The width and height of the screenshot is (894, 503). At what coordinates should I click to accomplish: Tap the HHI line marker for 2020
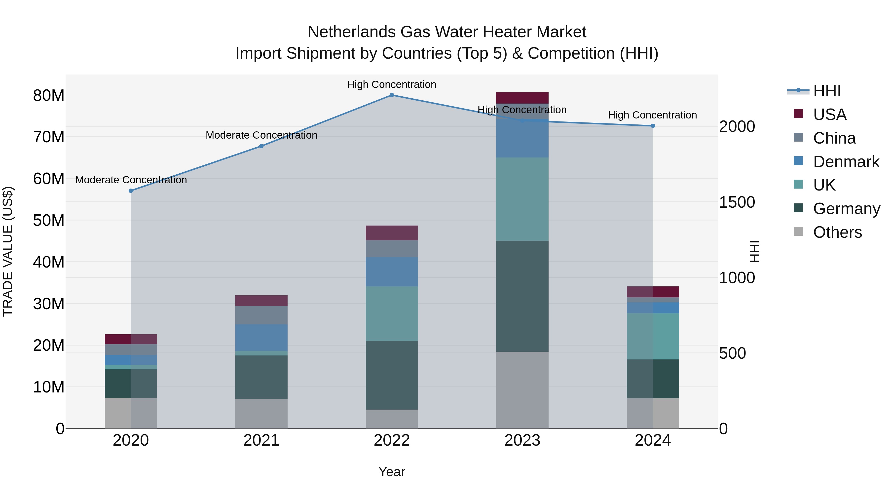pos(131,191)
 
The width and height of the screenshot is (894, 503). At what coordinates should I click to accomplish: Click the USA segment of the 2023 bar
pos(522,98)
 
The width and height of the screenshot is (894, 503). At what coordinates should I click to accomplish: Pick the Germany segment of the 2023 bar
pos(522,296)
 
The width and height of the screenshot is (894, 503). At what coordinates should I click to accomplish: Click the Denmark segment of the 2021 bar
pos(261,338)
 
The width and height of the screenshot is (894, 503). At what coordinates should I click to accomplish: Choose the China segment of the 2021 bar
pos(261,315)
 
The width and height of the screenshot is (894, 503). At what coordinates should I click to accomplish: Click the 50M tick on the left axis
pos(49,220)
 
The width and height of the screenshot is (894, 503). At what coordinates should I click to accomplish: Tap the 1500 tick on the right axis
pos(737,202)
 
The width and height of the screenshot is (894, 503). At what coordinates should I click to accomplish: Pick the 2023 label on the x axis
pos(522,440)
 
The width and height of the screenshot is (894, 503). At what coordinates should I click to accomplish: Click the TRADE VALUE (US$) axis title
pos(8,251)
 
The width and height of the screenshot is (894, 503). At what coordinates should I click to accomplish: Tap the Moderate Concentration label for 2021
pos(261,135)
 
